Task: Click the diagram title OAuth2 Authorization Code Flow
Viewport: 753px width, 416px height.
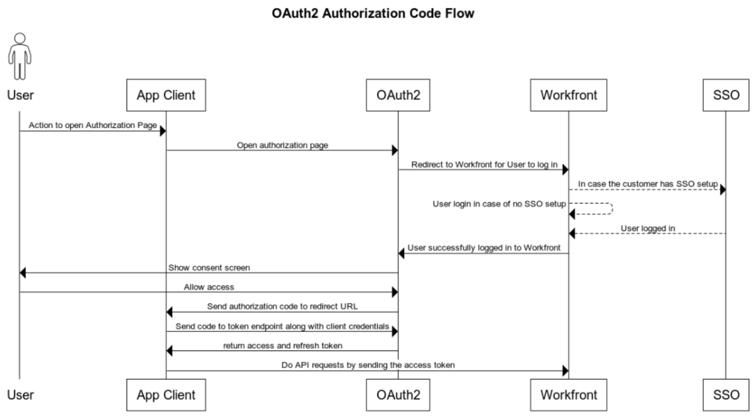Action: [x=373, y=13]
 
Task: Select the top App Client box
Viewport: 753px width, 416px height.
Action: [x=166, y=95]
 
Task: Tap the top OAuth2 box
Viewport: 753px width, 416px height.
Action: [x=397, y=95]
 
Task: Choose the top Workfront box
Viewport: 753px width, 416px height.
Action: [x=569, y=95]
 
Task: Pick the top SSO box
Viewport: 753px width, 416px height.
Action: [x=726, y=95]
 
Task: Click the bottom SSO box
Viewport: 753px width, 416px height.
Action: [x=726, y=395]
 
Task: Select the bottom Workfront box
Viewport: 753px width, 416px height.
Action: [x=569, y=395]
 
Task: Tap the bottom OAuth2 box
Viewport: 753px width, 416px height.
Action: [x=397, y=395]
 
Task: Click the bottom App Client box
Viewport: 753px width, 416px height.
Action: [x=166, y=395]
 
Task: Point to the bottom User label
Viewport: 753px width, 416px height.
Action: [x=20, y=395]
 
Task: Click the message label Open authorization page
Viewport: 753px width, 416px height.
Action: [x=282, y=145]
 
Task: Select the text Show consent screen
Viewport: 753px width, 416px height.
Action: [x=209, y=268]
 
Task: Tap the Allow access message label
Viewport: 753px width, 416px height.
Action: [x=209, y=287]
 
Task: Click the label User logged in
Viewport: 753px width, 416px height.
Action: [x=648, y=229]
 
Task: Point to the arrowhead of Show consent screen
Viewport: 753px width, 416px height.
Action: [x=23, y=273]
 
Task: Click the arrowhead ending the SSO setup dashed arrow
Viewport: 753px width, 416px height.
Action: [x=722, y=189]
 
